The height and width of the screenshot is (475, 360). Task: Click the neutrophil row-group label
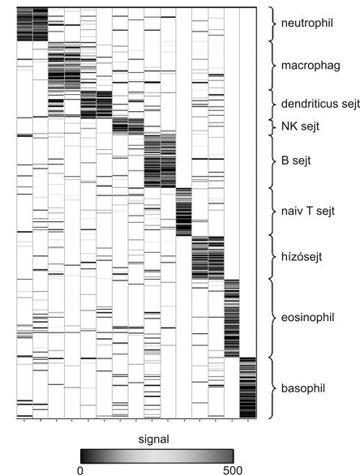307,23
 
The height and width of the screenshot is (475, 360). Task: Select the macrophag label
311,66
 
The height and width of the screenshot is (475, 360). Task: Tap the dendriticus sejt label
320,104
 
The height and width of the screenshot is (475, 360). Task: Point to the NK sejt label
300,126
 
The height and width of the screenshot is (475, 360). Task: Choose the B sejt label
296,160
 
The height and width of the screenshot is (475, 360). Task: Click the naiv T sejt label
308,211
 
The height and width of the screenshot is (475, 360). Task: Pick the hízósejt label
302,257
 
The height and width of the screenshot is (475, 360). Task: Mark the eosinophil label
307,318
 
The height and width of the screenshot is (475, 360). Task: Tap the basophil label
303,388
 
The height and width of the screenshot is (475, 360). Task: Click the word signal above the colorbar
153,439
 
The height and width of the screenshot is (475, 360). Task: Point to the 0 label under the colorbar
80,470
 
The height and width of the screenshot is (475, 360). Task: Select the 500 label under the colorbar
233,470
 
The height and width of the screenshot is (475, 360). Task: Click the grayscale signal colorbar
157,456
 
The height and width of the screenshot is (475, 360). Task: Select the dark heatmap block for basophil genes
248,387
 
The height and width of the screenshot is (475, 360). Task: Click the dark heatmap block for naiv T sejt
183,212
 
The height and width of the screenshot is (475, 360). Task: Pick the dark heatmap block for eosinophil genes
232,319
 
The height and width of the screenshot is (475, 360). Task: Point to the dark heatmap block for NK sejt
128,126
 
